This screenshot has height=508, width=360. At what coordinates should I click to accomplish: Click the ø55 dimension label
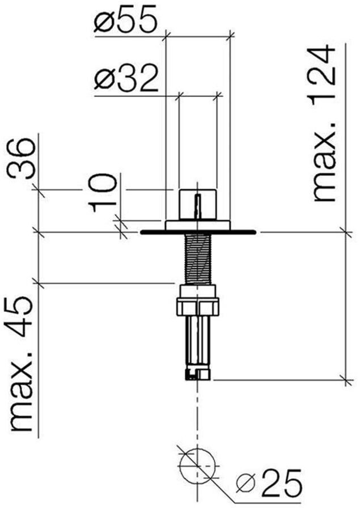(x=126, y=20)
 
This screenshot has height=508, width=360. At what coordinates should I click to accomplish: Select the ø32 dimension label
(x=126, y=78)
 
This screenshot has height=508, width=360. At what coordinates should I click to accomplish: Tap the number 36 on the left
(x=22, y=158)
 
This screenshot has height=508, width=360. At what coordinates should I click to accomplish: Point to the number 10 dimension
(x=103, y=192)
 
